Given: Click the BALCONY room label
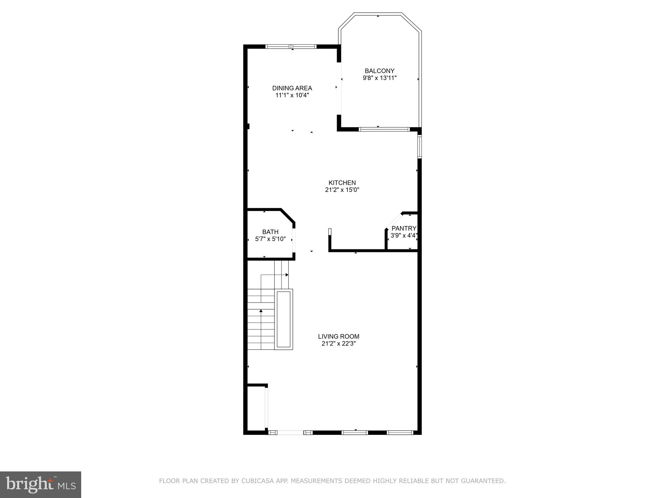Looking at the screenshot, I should pos(379,71).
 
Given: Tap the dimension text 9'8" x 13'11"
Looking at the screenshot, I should pos(380,78).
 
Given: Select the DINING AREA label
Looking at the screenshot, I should pos(292,88).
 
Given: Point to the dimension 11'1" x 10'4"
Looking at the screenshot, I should pos(292,95).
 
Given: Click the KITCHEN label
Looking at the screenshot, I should pos(342,183).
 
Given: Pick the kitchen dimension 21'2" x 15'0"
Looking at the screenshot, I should pos(342,190).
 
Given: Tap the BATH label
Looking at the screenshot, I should pos(270,232).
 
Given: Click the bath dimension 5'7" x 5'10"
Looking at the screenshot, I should pos(270,239).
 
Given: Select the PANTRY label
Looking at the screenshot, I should pos(404,228).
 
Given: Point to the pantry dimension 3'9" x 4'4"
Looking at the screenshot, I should pos(404,236).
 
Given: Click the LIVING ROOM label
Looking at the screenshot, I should pos(338,337).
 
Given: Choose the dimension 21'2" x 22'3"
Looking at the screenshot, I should pos(338,344).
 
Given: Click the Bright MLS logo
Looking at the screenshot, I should pos(41,484).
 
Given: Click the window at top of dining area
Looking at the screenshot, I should pos(291,46).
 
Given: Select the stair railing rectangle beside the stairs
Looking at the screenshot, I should pos(283,319).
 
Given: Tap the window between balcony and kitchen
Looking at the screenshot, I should pos(384,129).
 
